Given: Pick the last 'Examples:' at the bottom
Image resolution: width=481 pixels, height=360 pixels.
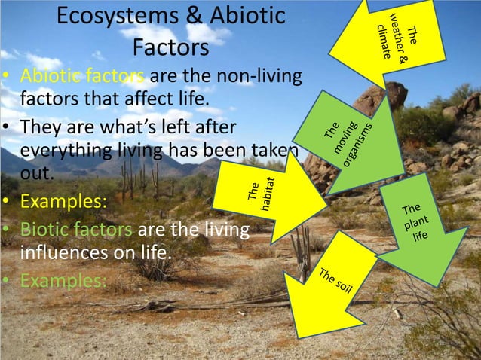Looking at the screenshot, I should click(x=63, y=280).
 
